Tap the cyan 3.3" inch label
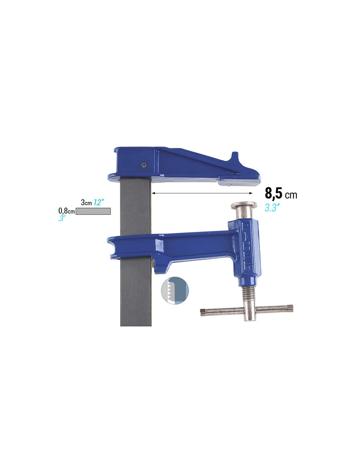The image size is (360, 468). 272,208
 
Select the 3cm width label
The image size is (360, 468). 86,202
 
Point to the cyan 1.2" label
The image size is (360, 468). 99,202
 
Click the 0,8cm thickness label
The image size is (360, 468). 67,211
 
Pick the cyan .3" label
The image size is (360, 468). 61,218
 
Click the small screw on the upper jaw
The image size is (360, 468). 144,165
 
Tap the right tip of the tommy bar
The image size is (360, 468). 291,308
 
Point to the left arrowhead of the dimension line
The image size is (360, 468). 153,193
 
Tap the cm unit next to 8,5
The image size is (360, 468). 291,195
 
